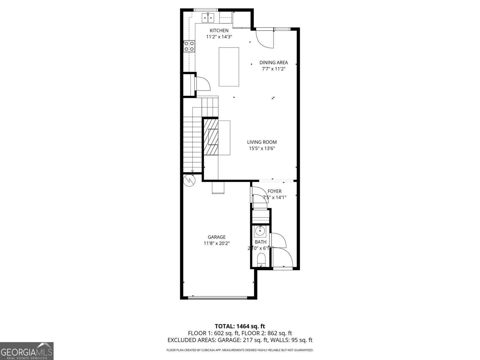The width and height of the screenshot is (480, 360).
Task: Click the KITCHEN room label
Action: point(219,30)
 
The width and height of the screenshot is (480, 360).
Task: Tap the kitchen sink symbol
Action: point(208,18)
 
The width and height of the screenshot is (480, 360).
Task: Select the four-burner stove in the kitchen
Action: point(189,46)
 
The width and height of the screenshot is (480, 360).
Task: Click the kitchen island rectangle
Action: point(229,67)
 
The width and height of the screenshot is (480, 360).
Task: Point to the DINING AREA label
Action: point(273,62)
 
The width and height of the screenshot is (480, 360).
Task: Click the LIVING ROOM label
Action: point(262,142)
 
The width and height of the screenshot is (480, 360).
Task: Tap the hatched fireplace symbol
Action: point(211,137)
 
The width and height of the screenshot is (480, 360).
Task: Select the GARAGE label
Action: point(217,237)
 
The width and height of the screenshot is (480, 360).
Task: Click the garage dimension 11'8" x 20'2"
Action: point(217,244)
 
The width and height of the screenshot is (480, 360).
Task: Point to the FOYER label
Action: point(274,191)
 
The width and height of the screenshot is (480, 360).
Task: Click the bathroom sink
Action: point(260,231)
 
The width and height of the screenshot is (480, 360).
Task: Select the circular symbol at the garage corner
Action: point(189,180)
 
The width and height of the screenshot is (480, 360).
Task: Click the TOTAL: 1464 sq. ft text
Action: point(240,326)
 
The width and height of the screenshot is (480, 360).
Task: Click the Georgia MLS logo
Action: point(27,351)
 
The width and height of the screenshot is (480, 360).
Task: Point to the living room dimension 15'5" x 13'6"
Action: point(262,148)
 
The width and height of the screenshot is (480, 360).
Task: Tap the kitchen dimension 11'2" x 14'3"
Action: point(219,37)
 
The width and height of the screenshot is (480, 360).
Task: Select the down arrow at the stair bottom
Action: point(192,171)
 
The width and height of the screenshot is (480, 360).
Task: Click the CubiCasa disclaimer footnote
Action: point(240,350)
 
